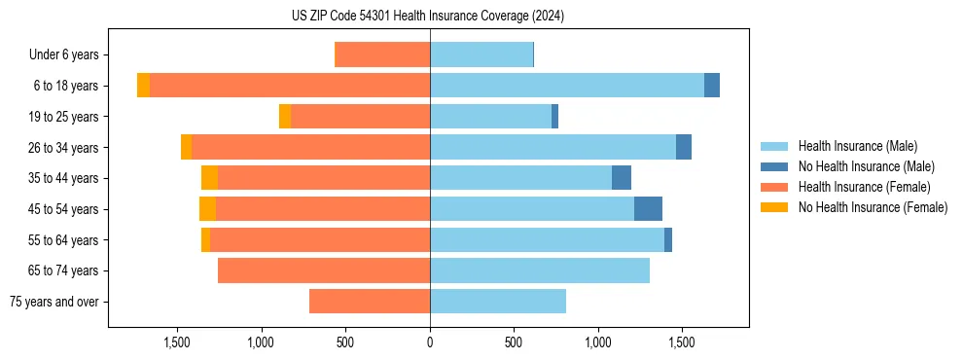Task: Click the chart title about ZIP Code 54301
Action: tap(428, 17)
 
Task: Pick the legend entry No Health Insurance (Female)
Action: tap(873, 207)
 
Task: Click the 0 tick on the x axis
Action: tap(430, 342)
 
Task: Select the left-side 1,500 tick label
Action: tap(177, 342)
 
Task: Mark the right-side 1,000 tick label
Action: tap(597, 342)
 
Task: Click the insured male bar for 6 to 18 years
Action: tap(567, 86)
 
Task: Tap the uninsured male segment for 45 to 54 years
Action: tap(648, 209)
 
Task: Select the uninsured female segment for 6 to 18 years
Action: tap(143, 86)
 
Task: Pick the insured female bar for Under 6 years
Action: tap(382, 55)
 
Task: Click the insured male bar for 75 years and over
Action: tap(498, 302)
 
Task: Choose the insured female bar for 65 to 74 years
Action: tap(324, 270)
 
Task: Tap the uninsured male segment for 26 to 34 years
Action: tap(684, 148)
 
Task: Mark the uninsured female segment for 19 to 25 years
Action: tap(285, 117)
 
